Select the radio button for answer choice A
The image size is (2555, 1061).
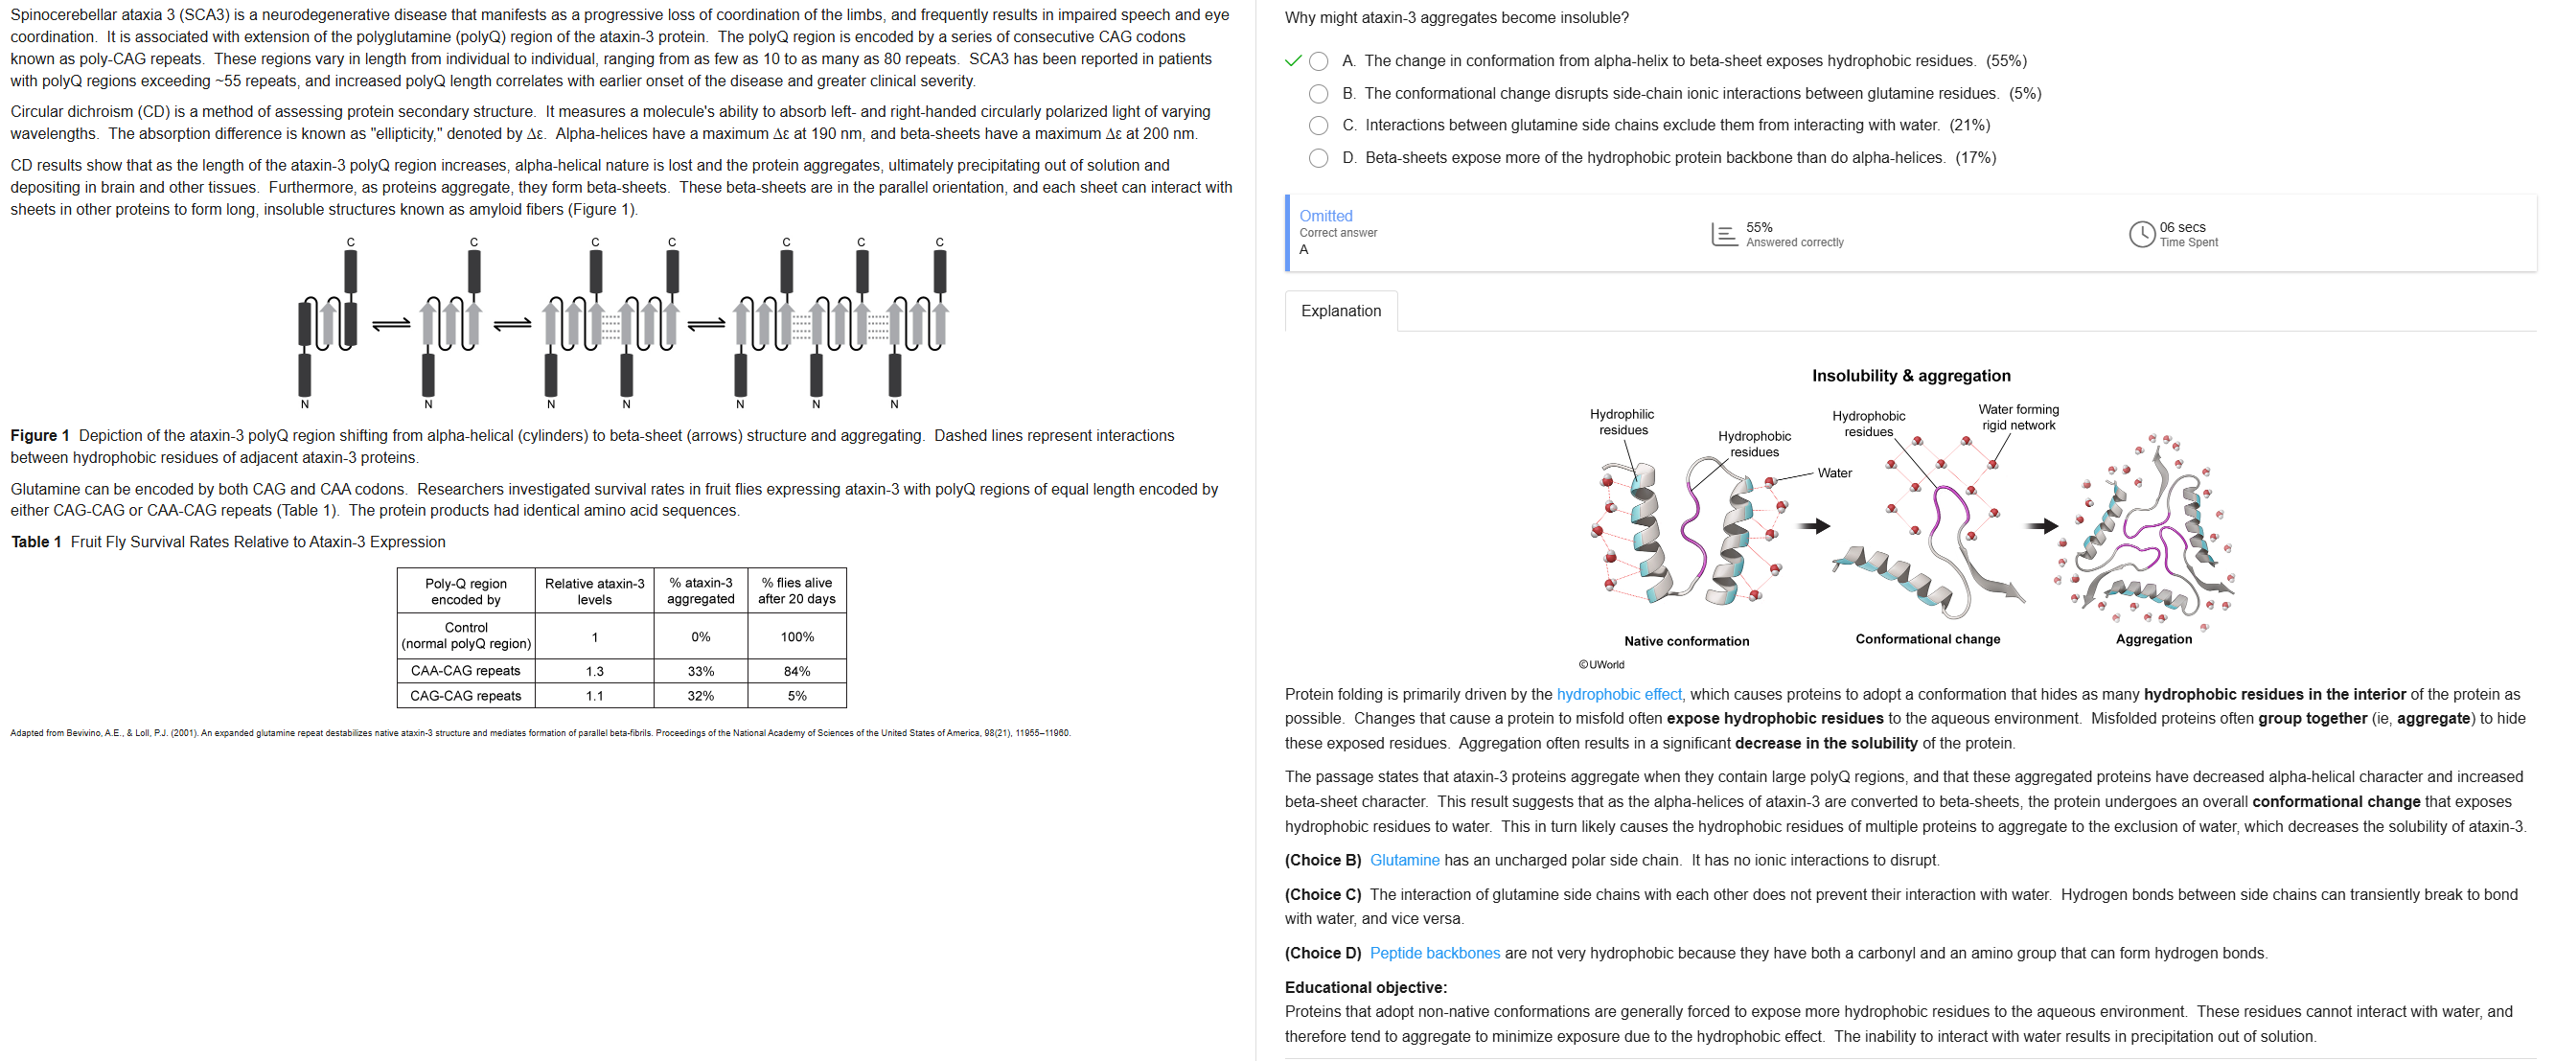(x=1318, y=61)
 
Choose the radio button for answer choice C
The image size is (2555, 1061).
(x=1318, y=126)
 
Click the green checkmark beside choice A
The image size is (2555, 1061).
(x=1293, y=61)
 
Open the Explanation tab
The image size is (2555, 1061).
(x=1340, y=311)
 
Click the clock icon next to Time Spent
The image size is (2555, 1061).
(x=2141, y=234)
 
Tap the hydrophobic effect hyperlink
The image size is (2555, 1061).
(x=1619, y=694)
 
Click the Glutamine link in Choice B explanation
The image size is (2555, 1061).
(x=1403, y=860)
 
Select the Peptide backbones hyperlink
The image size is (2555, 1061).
(x=1435, y=953)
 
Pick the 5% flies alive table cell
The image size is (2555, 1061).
(x=796, y=696)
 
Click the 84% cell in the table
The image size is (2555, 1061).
(x=796, y=671)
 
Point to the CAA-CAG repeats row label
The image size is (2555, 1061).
(x=465, y=671)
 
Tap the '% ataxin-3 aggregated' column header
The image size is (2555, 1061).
(x=701, y=591)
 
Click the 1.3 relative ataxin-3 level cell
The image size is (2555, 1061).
(x=594, y=671)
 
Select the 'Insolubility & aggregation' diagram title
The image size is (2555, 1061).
(x=1910, y=376)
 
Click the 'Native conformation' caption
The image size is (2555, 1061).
(x=1686, y=641)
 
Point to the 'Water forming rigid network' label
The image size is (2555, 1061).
(x=2017, y=418)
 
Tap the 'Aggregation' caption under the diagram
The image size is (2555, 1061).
(x=2153, y=639)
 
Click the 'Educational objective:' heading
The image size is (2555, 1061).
(x=1365, y=987)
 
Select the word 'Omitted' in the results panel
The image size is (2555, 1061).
(x=1325, y=217)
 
